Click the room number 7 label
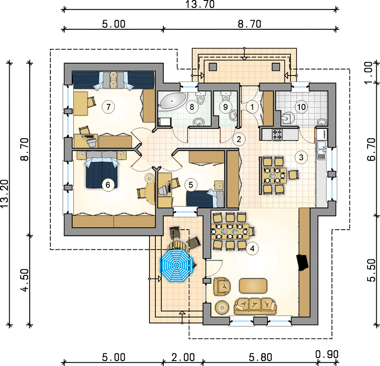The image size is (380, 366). pyautogui.click(x=108, y=107)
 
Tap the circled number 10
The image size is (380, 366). pyautogui.click(x=301, y=107)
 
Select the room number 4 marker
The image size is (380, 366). pyautogui.click(x=252, y=248)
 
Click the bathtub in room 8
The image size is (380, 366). pyautogui.click(x=172, y=101)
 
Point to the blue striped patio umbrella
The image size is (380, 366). pyautogui.click(x=176, y=266)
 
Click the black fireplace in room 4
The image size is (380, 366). pyautogui.click(x=302, y=262)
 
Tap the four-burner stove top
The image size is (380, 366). pyautogui.click(x=277, y=135)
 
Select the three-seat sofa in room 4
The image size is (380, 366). pyautogui.click(x=255, y=306)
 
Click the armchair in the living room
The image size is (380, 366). pyautogui.click(x=222, y=286)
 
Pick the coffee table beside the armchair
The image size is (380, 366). pyautogui.click(x=253, y=286)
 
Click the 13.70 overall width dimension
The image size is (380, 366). pyautogui.click(x=200, y=5)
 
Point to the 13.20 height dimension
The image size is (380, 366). pyautogui.click(x=5, y=194)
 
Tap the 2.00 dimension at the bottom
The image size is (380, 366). pyautogui.click(x=183, y=357)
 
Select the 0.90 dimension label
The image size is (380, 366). pyautogui.click(x=327, y=355)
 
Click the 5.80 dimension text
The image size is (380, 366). pyautogui.click(x=261, y=357)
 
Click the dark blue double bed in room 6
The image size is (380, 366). pyautogui.click(x=102, y=172)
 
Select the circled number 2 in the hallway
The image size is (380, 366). pyautogui.click(x=239, y=139)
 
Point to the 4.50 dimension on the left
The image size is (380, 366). pyautogui.click(x=25, y=280)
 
